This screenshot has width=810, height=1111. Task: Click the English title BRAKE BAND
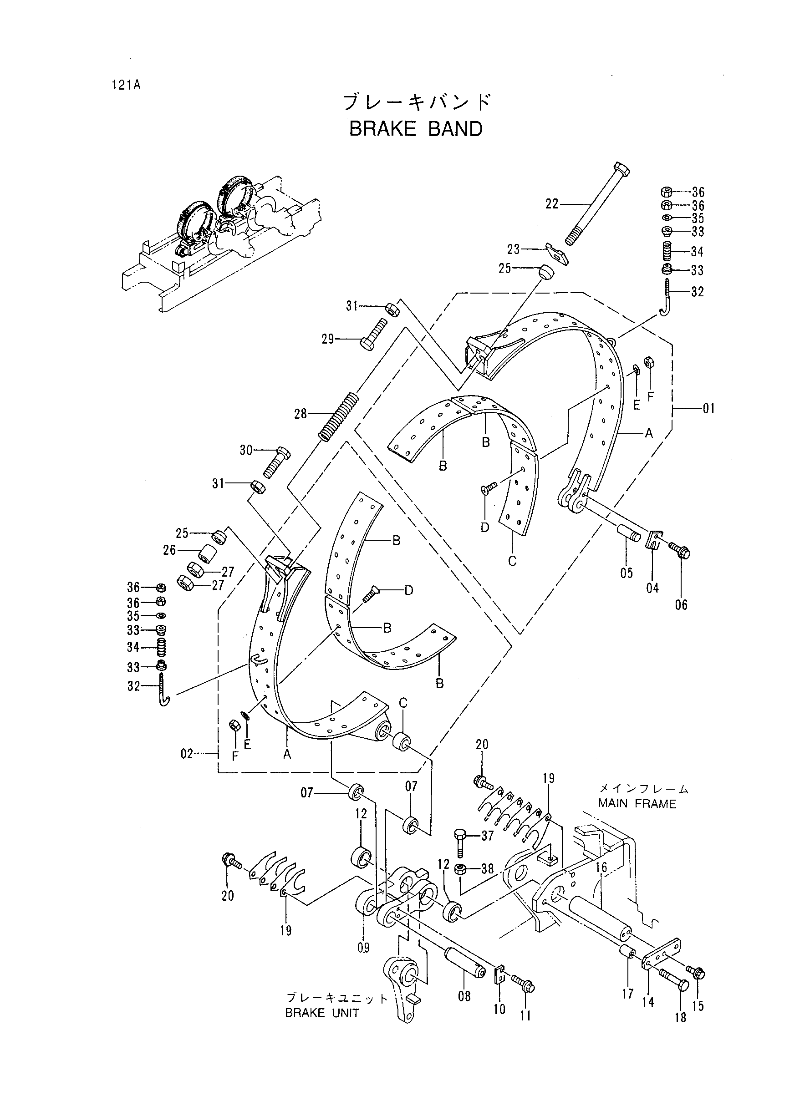[416, 129]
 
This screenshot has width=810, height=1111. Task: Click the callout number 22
[552, 204]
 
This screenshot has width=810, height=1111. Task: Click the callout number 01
[708, 408]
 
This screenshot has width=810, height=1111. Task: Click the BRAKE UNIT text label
[323, 1014]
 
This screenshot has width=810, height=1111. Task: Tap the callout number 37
[487, 836]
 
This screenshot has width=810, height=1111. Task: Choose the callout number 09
[363, 947]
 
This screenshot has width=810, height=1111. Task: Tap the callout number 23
[513, 249]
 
